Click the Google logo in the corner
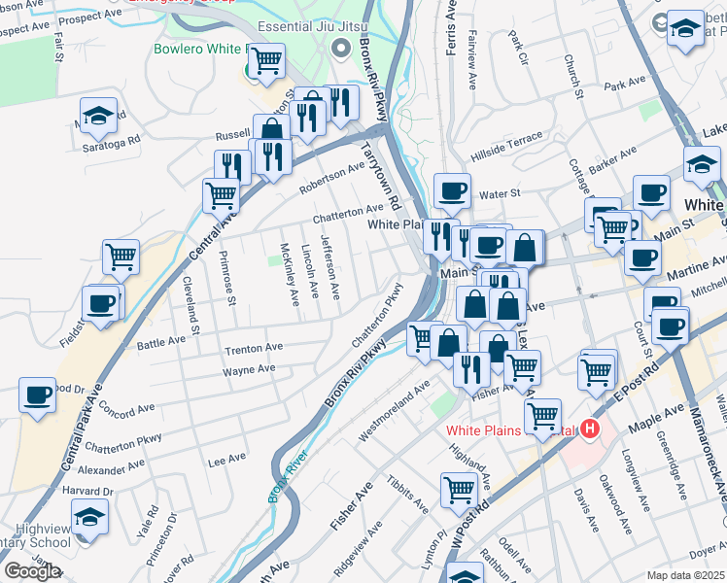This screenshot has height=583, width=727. [x=32, y=570]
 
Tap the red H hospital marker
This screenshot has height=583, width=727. [x=588, y=429]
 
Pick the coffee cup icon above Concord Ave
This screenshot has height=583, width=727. [x=38, y=395]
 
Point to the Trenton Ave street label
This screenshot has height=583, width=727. [x=253, y=348]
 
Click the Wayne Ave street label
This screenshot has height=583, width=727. [x=248, y=368]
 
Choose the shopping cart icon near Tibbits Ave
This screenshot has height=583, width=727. [x=459, y=491]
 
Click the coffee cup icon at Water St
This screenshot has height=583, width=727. [x=451, y=191]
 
